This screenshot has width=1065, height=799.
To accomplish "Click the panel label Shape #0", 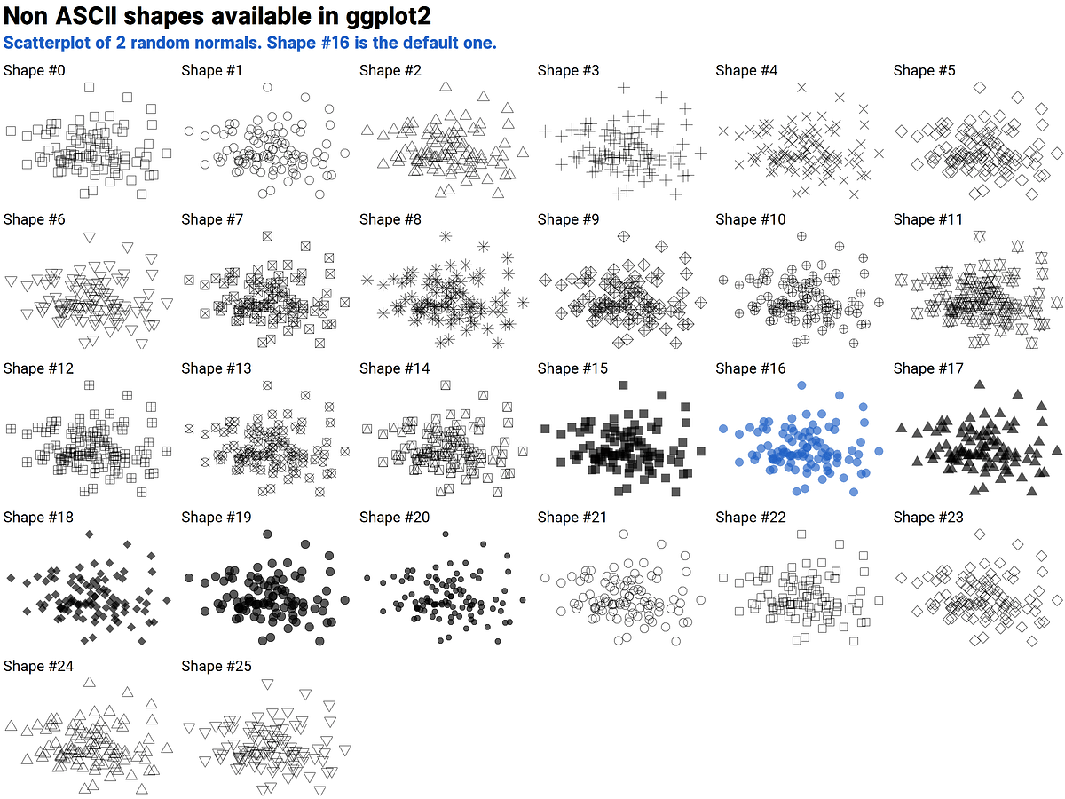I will click(x=35, y=70).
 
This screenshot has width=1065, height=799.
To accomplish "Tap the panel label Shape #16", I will click(x=751, y=368).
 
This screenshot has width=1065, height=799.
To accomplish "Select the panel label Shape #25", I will click(x=217, y=666).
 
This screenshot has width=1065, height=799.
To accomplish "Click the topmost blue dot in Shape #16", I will click(x=801, y=384).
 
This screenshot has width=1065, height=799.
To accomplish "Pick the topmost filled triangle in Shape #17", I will click(x=979, y=384).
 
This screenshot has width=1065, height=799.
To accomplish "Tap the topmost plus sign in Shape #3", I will click(x=623, y=87).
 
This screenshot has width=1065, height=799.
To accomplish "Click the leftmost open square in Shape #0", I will click(x=12, y=131).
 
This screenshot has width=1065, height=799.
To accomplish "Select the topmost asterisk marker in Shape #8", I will click(x=446, y=236).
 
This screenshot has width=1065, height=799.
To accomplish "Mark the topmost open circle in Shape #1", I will click(x=267, y=87).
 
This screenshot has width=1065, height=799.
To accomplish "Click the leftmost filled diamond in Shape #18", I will click(x=12, y=578).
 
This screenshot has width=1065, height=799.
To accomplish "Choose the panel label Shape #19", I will click(x=217, y=517).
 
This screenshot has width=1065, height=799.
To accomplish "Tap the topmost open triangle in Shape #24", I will click(x=89, y=682).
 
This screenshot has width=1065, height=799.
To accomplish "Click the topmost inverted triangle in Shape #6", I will click(x=89, y=236).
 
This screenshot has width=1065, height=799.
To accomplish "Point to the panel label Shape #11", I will click(x=928, y=219).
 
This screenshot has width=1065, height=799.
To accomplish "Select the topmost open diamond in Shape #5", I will click(x=979, y=87).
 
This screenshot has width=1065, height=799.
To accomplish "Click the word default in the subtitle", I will click(x=407, y=43).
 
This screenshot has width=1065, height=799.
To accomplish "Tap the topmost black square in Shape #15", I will click(x=623, y=384).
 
